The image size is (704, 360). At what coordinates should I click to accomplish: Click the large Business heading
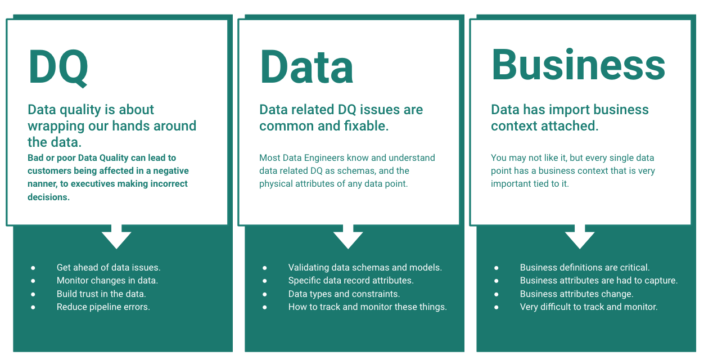578,65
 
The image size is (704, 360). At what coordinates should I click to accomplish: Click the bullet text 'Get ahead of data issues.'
109,268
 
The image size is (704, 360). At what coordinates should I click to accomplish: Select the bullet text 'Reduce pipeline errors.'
103,307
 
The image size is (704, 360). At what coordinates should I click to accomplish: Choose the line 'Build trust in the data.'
101,294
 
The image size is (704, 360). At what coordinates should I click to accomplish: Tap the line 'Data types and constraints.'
344,294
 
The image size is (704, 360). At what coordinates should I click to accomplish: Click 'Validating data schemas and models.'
365,268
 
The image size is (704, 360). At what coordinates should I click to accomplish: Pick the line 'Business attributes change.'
576,294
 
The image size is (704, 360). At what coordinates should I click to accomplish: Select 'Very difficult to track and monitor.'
589,307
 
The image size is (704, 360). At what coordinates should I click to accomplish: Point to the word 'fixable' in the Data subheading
364,126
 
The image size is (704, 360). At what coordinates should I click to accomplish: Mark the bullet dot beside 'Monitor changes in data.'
33,281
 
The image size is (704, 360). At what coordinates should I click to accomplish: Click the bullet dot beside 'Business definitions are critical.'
497,268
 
